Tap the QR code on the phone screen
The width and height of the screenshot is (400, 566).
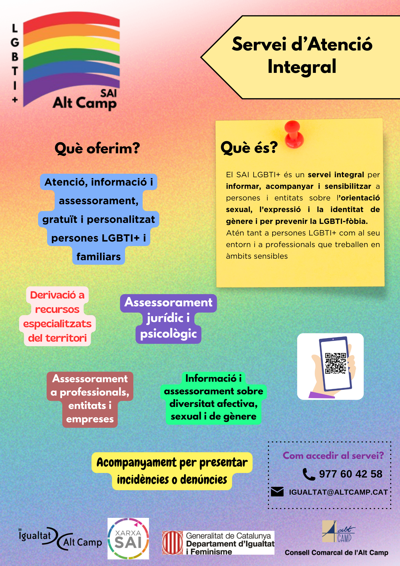pos(335,363)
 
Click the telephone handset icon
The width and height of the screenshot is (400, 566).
pos(309,474)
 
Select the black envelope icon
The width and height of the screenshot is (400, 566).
pos(277,492)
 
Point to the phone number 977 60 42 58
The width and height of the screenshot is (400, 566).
pos(351,474)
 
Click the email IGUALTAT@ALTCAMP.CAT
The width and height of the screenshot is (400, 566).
pos(338,492)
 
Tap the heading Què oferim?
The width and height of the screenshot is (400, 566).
pos(97,148)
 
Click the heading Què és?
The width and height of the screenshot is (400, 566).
pos(249,147)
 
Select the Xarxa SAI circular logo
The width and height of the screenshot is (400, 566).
pos(128,539)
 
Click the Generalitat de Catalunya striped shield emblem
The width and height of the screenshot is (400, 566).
pos(173,543)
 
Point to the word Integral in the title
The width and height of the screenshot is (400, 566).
pos(302,67)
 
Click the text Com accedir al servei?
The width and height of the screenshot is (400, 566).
pos(333,456)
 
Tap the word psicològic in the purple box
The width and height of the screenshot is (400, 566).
pos(168,334)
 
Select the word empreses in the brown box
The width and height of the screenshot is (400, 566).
pos(90,419)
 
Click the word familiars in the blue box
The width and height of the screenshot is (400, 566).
pos(99,257)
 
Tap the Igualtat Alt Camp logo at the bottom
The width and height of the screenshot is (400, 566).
pos(60,539)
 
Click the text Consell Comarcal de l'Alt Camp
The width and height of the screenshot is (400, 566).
pos(336,553)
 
